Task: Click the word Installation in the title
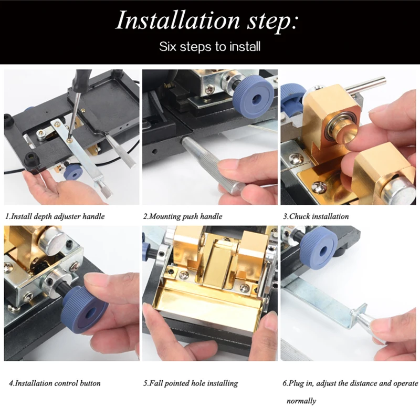[x=178, y=20]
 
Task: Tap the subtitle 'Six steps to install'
[x=209, y=46]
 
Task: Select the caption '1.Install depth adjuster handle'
[x=55, y=216]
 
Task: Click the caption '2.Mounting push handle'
[x=183, y=216]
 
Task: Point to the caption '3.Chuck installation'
[x=316, y=216]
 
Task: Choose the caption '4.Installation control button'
[x=55, y=383]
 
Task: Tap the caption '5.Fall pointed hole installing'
[x=191, y=383]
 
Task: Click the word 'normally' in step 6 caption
[x=301, y=401]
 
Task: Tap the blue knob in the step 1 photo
[x=73, y=173]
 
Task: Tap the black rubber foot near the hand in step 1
[x=31, y=160]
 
